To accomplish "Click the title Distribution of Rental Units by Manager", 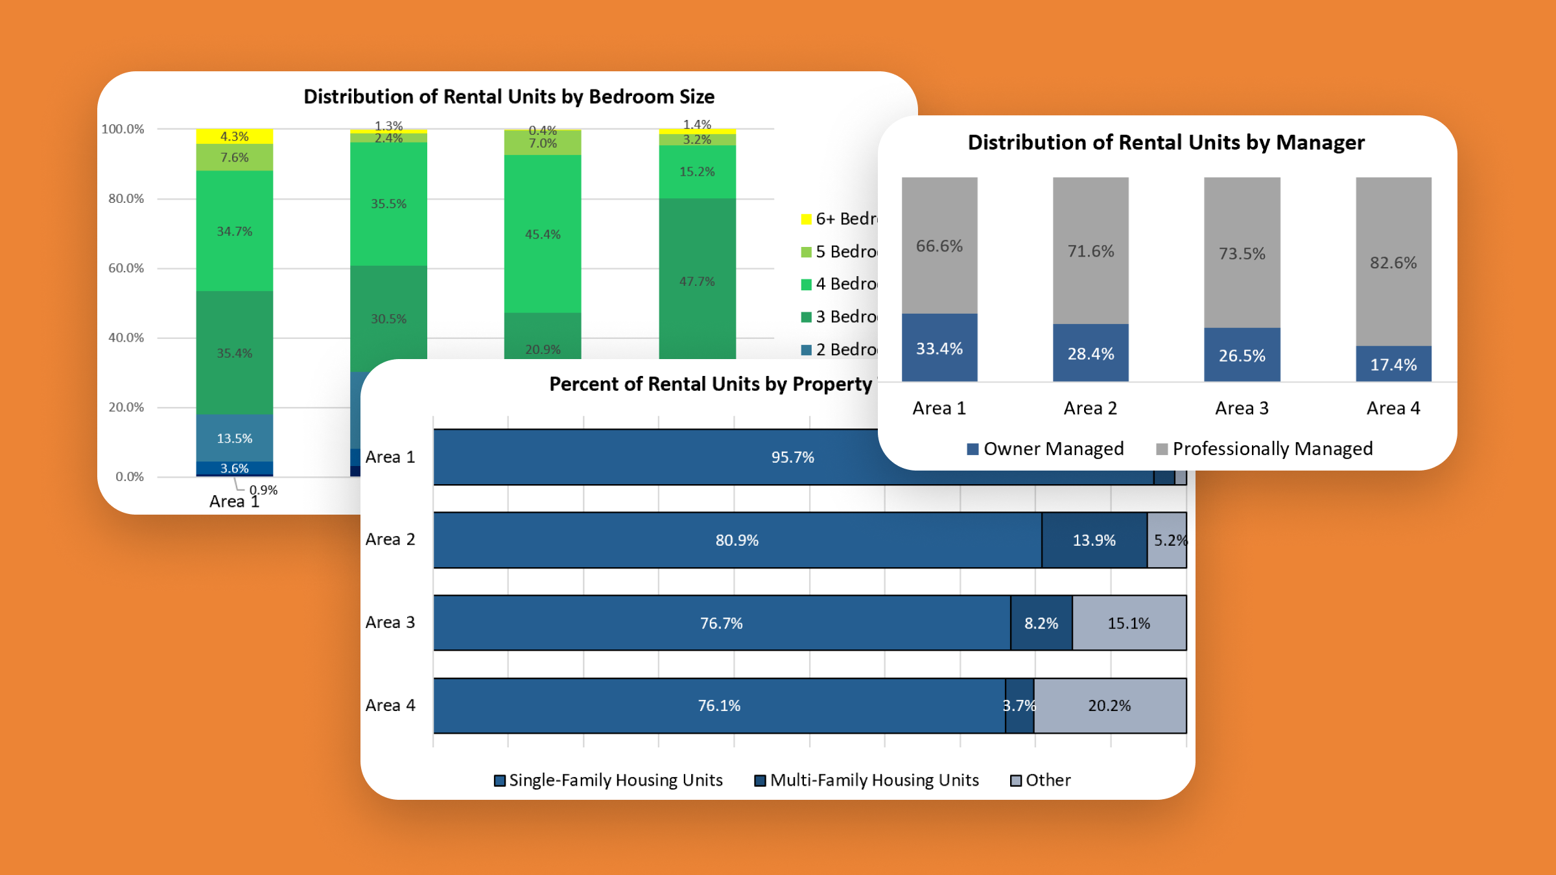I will (1166, 143).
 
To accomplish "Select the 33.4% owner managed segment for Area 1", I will (939, 348).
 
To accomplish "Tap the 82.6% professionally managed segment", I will (1393, 262).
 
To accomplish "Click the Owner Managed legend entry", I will (1045, 449).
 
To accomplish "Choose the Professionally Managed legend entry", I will (1264, 449).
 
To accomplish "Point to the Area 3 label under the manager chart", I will (1242, 408).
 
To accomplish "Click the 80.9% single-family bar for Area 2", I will (737, 540).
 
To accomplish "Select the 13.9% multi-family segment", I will (1094, 540).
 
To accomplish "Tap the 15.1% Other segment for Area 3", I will (1129, 623).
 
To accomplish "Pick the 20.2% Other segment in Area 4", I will (1109, 705).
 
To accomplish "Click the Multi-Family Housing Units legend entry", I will (867, 780).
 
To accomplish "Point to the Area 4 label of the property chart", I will (390, 705).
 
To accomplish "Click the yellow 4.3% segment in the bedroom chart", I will (234, 136).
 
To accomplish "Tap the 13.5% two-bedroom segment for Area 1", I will (234, 438).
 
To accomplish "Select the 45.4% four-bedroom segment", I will (543, 234).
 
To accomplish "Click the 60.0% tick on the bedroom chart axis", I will (126, 268).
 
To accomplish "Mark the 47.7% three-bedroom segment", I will (697, 281).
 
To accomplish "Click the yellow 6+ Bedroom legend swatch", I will (807, 219).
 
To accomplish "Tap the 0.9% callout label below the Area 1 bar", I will (263, 490).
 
